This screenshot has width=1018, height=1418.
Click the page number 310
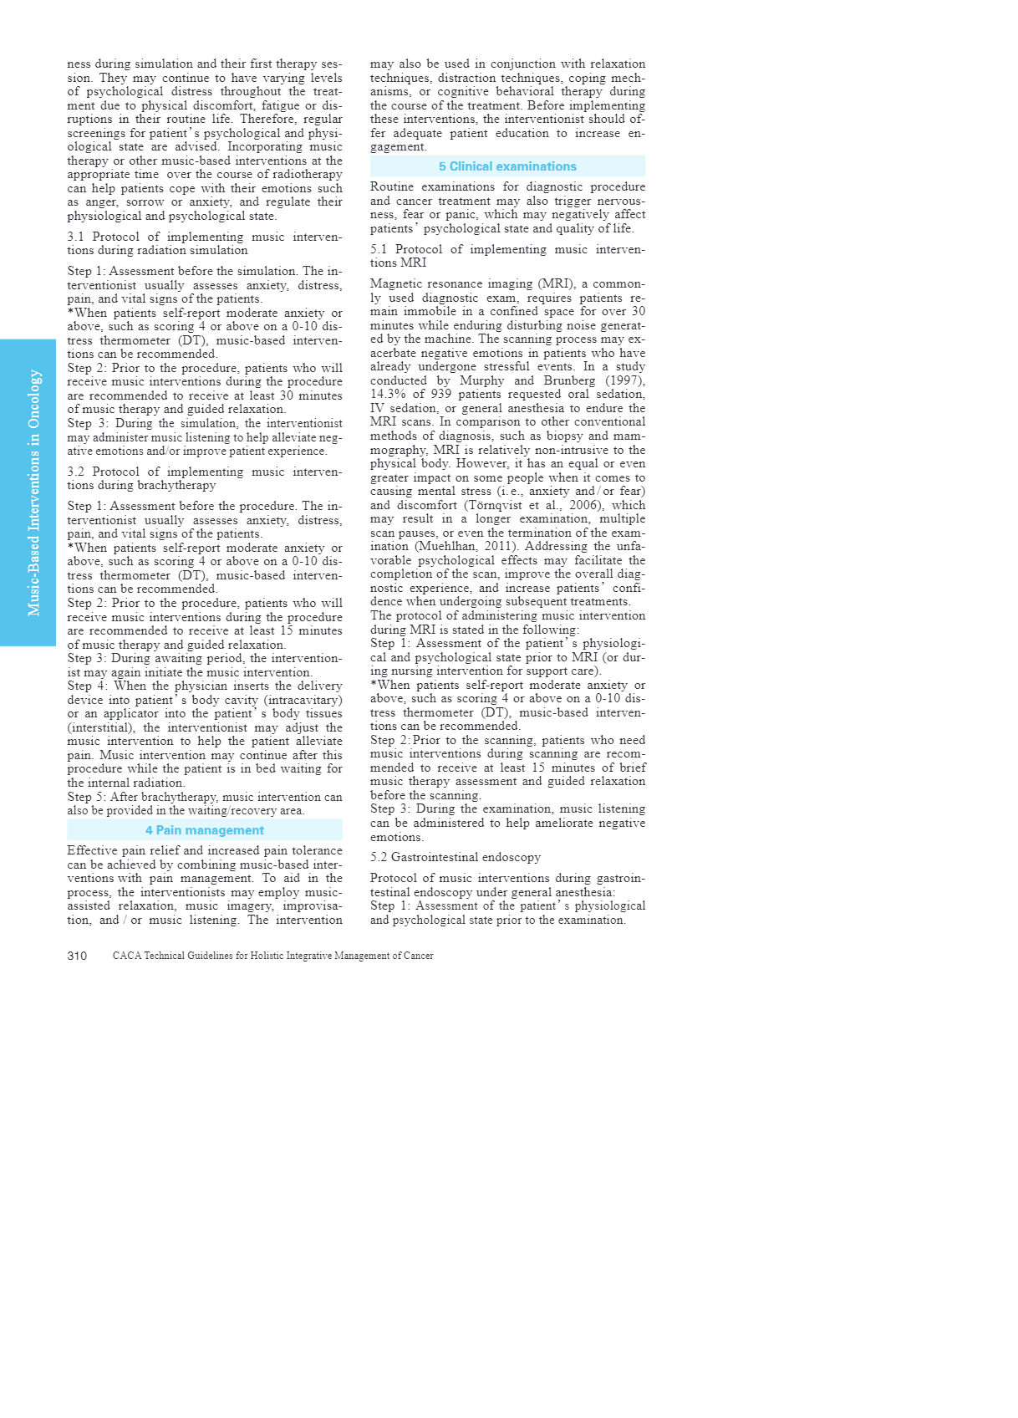point(77,956)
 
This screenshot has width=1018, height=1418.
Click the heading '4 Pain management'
point(204,830)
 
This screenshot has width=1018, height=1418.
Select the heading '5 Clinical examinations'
point(507,166)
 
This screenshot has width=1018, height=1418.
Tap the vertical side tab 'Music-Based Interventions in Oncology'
point(33,492)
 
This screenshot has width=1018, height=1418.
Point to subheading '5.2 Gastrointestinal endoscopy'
point(456,857)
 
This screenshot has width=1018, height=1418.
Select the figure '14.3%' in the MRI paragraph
point(389,395)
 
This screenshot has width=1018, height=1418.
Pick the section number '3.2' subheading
point(76,472)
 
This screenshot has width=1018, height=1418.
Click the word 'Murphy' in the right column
point(482,380)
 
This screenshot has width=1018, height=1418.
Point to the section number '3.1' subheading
point(76,237)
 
